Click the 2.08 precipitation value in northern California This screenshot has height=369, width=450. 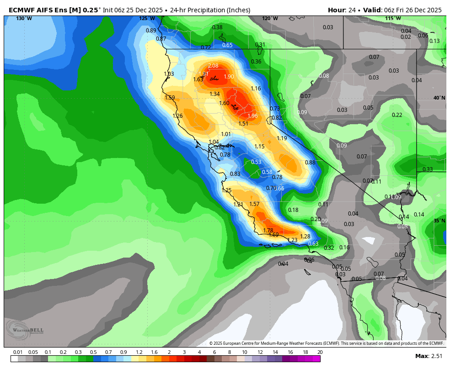213,66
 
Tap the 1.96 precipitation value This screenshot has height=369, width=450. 252,116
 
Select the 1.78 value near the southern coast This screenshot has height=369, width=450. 268,231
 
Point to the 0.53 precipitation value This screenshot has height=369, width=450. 256,162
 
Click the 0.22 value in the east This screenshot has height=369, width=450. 397,115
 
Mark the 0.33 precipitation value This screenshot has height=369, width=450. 428,169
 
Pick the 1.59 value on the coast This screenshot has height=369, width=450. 170,98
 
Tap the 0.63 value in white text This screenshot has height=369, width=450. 313,244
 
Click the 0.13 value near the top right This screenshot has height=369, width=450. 434,41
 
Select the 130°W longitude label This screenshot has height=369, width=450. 24,19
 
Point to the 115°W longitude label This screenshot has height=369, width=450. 393,19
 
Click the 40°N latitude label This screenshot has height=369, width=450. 439,98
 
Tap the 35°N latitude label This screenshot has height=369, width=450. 439,221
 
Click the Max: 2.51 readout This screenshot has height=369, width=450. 429,356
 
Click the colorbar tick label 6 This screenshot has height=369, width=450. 214,353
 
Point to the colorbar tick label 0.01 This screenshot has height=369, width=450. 18,353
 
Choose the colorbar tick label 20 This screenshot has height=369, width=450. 320,353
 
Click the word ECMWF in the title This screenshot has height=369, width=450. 22,10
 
